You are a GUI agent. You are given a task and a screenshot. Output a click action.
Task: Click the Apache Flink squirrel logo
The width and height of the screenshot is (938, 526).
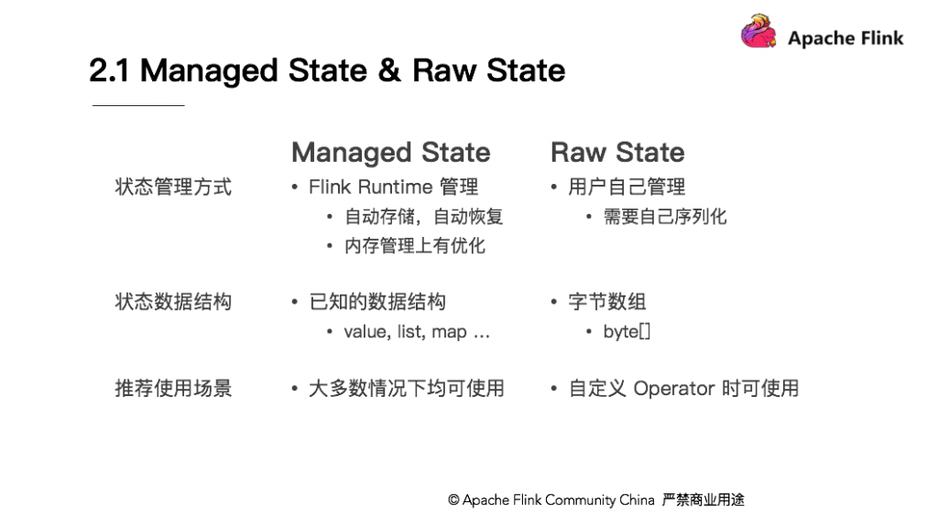[758, 31]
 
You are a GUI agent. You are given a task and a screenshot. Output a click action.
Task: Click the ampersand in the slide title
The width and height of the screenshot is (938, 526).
[389, 70]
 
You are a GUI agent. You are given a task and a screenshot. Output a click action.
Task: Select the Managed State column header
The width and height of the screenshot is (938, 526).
[390, 153]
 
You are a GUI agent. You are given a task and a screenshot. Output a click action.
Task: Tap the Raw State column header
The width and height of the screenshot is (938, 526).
[617, 153]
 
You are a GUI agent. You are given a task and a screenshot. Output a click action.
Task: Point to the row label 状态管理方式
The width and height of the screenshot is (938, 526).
[173, 187]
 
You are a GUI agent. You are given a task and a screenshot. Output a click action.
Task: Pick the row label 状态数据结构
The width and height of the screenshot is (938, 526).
[173, 301]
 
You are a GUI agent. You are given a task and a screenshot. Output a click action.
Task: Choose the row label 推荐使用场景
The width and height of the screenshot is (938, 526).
[173, 388]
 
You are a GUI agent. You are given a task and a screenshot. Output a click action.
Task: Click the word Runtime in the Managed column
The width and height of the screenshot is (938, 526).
[396, 188]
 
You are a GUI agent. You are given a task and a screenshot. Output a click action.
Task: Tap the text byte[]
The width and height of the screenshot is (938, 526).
[627, 332]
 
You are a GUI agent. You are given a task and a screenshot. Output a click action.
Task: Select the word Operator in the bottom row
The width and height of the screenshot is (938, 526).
[674, 389]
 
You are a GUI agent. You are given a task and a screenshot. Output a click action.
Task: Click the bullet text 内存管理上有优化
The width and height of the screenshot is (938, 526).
[415, 246]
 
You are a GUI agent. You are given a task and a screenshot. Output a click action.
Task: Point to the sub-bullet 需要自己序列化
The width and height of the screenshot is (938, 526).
[665, 217]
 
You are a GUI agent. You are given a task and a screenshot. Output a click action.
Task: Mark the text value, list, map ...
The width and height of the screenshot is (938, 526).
[406, 332]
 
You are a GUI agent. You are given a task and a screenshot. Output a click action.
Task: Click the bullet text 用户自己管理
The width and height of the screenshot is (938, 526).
[627, 187]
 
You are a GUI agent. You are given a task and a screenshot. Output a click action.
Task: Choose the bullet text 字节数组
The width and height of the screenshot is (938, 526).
[607, 301]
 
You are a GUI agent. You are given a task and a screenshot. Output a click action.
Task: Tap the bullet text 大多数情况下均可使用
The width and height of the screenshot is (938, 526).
[407, 388]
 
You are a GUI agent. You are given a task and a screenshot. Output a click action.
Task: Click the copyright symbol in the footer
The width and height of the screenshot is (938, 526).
[453, 499]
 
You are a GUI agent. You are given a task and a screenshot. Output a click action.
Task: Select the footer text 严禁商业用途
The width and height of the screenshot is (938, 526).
[703, 499]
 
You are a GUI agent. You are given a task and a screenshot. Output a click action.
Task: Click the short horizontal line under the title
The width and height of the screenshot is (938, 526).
[138, 105]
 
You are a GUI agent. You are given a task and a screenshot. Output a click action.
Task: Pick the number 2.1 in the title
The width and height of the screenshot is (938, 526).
[109, 70]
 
